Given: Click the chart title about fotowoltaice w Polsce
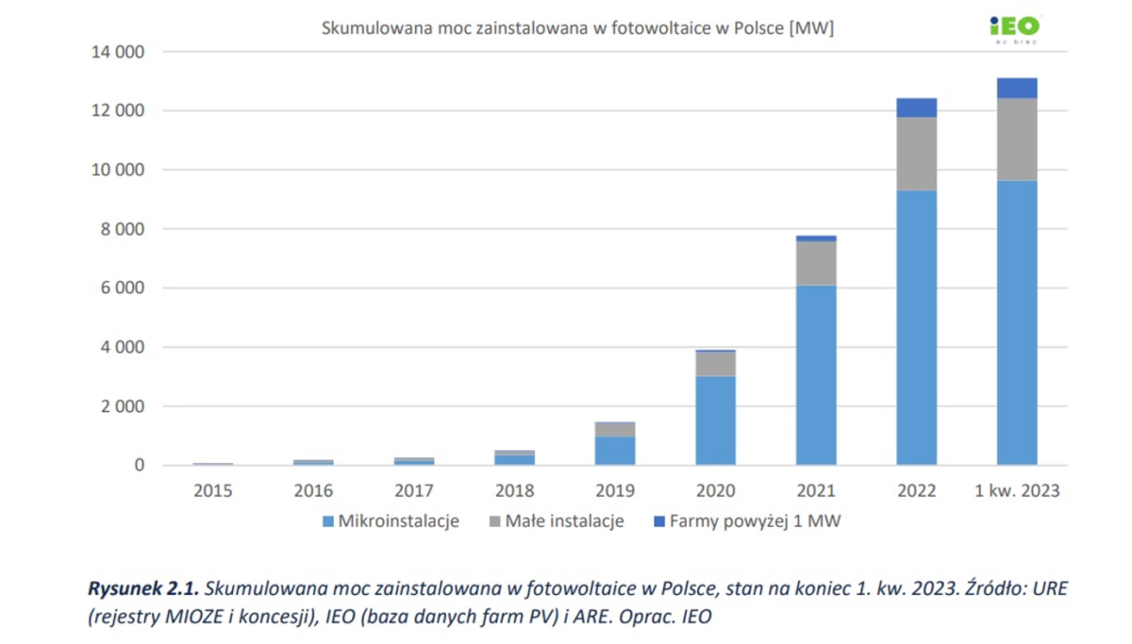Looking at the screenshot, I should (577, 28).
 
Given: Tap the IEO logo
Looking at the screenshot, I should (1014, 28).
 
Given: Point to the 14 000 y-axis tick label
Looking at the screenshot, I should (118, 52).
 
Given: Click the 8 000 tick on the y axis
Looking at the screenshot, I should (124, 229).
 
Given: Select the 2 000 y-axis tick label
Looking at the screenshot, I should (124, 406).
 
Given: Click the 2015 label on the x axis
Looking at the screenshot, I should (212, 490).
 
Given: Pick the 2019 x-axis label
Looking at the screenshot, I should (614, 490).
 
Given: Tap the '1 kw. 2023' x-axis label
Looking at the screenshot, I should (1017, 490).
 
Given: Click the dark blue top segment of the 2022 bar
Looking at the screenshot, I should (916, 107).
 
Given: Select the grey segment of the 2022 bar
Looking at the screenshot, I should (916, 154).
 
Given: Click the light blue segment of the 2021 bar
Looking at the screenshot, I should (816, 374).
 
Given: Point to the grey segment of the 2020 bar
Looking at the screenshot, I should (715, 364).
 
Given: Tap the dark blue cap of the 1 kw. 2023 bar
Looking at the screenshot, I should (1017, 88).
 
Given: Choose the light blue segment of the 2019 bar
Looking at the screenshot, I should (614, 450).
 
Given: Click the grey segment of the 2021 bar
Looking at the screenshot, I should (816, 263).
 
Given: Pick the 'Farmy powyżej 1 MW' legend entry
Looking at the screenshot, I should (746, 520).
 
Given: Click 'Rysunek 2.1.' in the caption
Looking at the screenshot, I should (143, 589).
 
